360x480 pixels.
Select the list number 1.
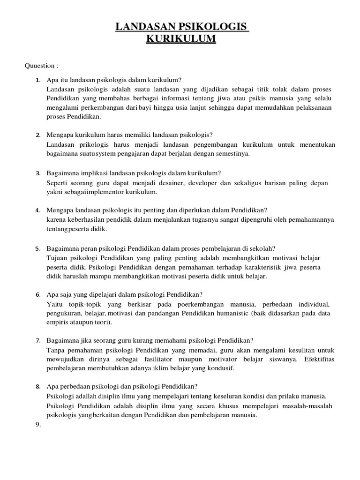point(37,80)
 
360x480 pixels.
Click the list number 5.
point(37,249)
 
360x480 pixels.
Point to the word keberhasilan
point(86,220)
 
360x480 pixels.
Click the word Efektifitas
point(315,359)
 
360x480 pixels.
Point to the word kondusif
point(218,368)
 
